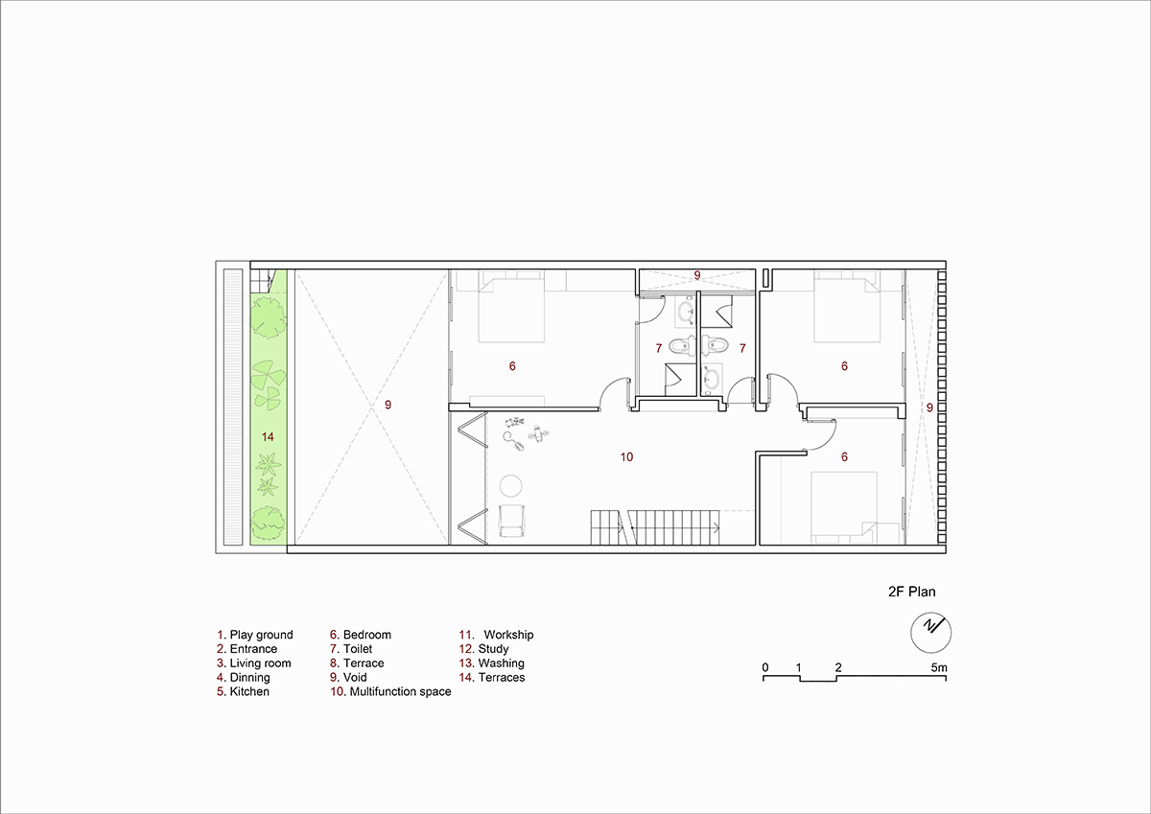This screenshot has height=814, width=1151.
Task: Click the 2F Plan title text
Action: [911, 592]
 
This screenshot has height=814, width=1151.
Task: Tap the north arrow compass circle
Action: [930, 614]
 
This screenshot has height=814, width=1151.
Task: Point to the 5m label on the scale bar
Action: [939, 667]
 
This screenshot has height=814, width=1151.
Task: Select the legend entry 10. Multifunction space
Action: [390, 692]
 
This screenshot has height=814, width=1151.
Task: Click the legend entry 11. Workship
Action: [497, 635]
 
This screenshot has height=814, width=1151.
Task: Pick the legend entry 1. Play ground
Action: [255, 635]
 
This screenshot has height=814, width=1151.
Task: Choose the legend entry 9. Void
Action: [348, 678]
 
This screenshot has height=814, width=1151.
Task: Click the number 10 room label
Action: [626, 457]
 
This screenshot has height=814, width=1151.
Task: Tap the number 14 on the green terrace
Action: [268, 437]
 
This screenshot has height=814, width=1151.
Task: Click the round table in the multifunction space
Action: [510, 485]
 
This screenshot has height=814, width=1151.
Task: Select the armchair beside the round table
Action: [511, 521]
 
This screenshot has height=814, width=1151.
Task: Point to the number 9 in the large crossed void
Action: [388, 406]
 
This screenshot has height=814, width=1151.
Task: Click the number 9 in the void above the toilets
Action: [697, 275]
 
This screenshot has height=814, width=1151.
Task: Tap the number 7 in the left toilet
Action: [659, 349]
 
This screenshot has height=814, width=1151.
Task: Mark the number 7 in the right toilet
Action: [742, 349]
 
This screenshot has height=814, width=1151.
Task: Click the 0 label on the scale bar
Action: [765, 667]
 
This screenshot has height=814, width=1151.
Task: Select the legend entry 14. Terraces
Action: [492, 678]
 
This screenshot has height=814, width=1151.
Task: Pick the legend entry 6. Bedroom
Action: [361, 635]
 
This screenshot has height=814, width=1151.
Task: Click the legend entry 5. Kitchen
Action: [243, 692]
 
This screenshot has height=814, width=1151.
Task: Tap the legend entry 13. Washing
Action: [492, 663]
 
